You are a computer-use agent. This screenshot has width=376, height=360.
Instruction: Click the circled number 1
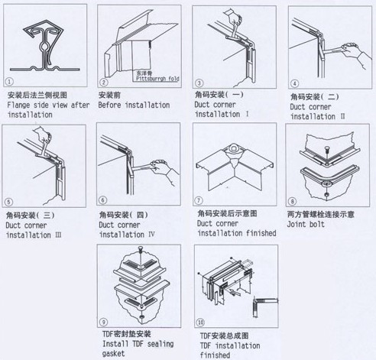tap(10, 81)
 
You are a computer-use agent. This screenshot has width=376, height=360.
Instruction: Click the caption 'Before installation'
tap(134, 105)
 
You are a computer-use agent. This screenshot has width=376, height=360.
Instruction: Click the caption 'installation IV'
tap(128, 235)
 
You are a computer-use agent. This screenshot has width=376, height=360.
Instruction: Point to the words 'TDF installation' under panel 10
tap(232, 345)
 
